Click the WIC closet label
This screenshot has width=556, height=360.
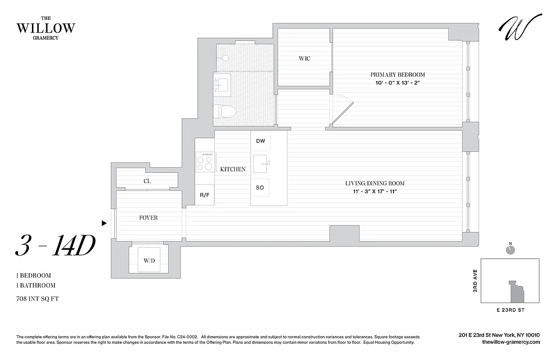pos(305,58)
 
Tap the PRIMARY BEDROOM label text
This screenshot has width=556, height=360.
pos(397,75)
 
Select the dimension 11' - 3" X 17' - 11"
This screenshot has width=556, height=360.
pos(375,192)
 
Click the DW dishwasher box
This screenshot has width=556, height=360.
pos(260,141)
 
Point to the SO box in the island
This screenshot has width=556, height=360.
pos(260,188)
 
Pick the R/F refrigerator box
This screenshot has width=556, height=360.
pos(205,195)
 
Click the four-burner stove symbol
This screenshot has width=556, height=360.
pos(205,162)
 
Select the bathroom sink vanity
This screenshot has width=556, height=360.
pos(222,84)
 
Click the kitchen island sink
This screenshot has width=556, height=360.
pos(260,163)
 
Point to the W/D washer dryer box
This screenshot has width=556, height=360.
pos(149,260)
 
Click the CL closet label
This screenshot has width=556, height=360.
pos(147,181)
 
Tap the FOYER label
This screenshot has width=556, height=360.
pos(148,218)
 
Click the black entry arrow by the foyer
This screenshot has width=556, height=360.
pos(104,223)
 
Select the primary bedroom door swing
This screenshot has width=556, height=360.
pos(342,110)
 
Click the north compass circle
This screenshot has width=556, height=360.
pos(510,250)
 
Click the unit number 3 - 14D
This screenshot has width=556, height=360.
pos(55,246)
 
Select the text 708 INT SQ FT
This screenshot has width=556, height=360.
pos(37,298)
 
